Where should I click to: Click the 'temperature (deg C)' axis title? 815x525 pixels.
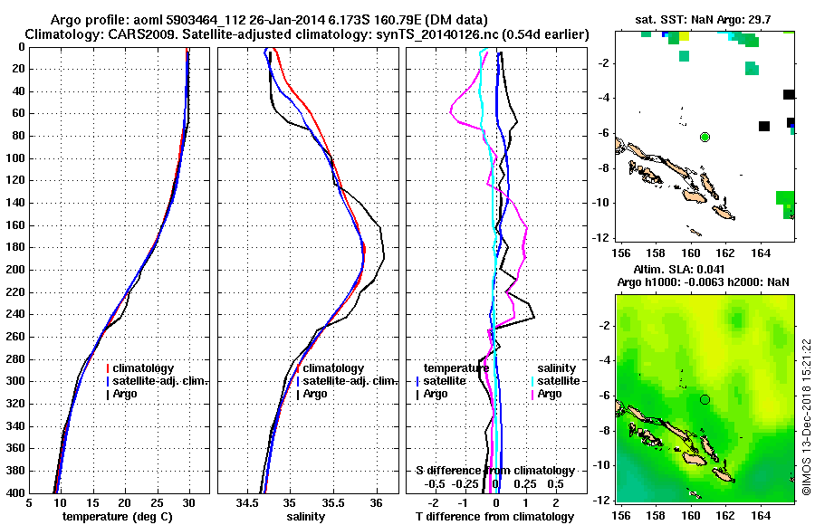119,517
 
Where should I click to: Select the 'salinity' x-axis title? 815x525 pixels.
307,517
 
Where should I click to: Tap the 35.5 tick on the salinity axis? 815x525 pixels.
332,502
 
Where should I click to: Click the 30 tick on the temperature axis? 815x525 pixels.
188,502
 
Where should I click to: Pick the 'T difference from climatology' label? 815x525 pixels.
494,517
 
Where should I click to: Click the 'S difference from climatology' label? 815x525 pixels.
494,471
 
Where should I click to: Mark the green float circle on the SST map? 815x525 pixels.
705,137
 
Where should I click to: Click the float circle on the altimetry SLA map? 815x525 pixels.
705,399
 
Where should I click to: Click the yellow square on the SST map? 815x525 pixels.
683,36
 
